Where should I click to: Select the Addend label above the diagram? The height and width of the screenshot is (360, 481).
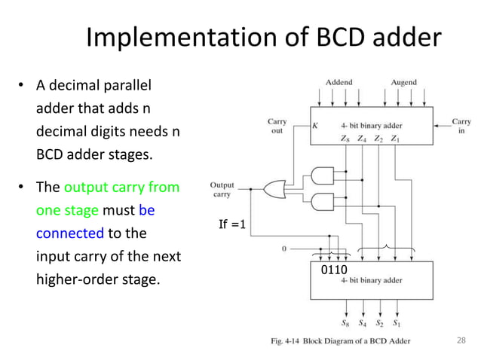coord(339,82)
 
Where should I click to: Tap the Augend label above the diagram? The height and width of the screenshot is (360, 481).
coord(403,82)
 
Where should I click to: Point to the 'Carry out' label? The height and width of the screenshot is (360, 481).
coord(277,127)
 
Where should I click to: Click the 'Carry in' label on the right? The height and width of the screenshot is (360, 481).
coord(461,127)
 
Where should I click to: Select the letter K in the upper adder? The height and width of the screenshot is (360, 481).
coord(315,127)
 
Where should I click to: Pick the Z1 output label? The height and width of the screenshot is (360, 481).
coord(397,139)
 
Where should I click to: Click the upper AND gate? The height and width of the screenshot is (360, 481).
coord(322,175)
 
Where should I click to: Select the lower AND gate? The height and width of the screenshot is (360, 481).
coord(322,202)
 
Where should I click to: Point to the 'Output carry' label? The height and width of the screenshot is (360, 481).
coord(222,189)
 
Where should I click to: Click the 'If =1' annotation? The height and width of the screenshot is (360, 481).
coord(232,224)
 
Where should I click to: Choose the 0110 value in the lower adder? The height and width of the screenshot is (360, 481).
coord(334,267)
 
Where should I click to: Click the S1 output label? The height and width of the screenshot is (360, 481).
coord(396,324)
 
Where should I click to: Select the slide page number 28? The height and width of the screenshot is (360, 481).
coord(462,340)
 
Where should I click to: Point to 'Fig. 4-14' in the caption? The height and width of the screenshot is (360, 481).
coord(289,341)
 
